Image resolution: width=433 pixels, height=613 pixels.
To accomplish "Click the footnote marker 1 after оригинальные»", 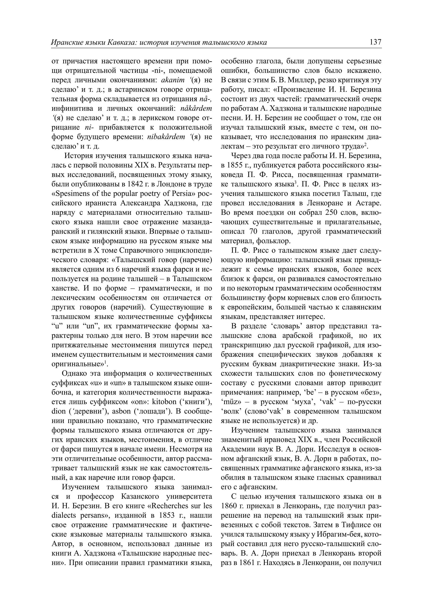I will coord(105,362).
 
